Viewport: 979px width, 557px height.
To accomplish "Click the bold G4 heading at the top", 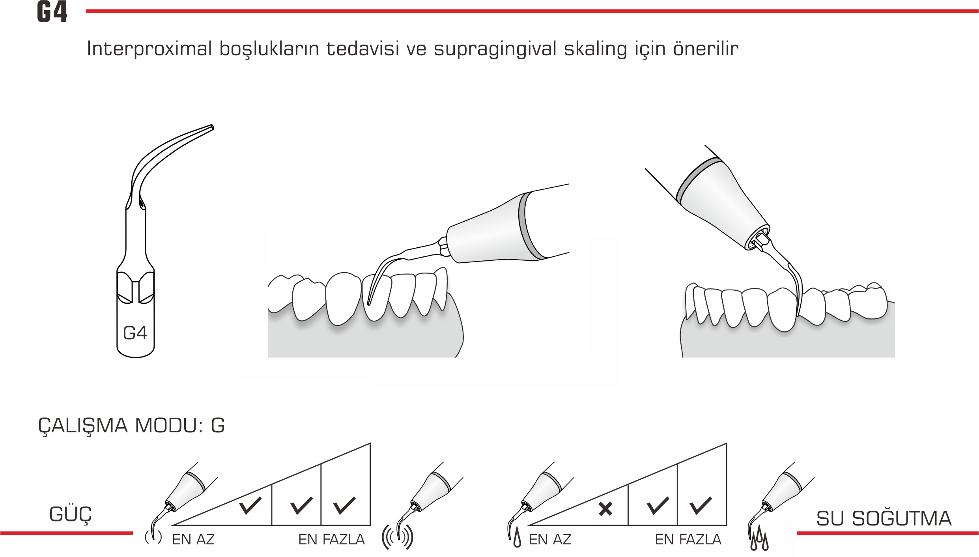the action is click(52, 12).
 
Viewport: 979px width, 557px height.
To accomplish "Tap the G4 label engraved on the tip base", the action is click(135, 333).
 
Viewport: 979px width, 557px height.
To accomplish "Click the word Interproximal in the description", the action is click(149, 49).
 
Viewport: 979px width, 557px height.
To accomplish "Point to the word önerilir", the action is click(706, 49).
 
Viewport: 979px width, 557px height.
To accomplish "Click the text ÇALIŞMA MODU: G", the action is click(131, 426).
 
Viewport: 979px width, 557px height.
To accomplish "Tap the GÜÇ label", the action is click(71, 514).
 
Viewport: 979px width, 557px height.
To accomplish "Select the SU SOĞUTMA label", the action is click(884, 518).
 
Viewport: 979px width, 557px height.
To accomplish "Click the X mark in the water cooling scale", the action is click(605, 509).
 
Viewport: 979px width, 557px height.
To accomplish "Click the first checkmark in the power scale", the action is click(250, 506).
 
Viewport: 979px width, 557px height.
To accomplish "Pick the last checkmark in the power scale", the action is click(344, 506).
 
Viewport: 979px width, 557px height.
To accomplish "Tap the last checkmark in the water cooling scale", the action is click(701, 506).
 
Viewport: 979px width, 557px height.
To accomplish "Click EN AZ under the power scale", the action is click(193, 540).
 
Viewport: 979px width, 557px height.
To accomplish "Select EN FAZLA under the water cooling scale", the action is click(688, 540).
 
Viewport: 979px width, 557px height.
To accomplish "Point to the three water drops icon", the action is click(759, 538).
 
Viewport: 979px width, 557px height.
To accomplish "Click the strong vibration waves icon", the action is click(397, 537).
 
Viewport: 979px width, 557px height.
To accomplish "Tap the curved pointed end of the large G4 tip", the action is click(212, 127).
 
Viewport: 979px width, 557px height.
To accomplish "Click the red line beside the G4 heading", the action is click(532, 11).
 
